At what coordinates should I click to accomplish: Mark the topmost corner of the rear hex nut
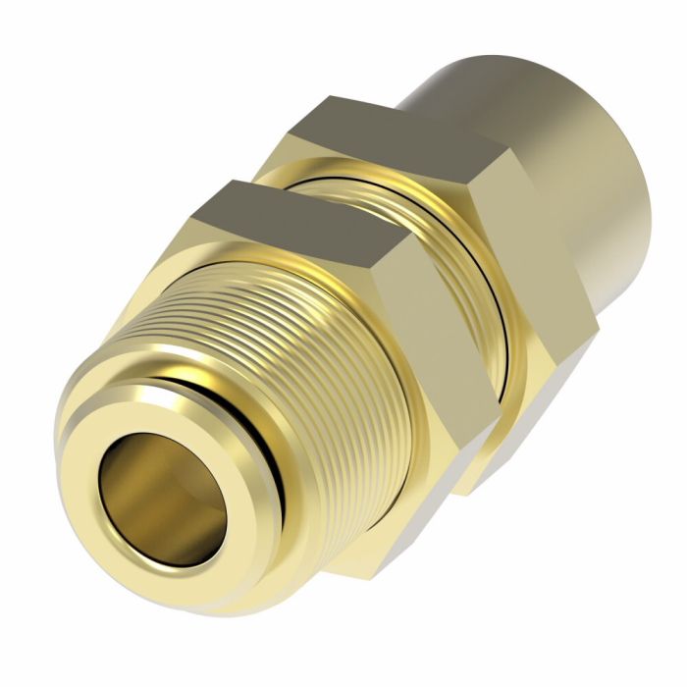click(329, 95)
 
